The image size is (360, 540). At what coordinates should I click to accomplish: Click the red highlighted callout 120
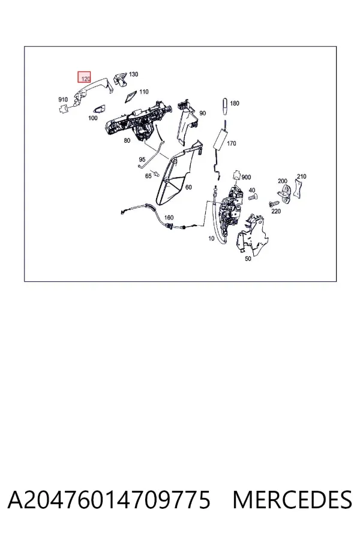tap(84, 77)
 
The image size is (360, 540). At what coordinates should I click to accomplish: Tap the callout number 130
tap(133, 74)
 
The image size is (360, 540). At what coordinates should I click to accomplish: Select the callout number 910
tap(63, 100)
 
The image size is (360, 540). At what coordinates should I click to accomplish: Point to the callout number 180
tap(235, 103)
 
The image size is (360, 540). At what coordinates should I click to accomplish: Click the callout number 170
tap(232, 143)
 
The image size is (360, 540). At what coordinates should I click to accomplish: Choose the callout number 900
tap(247, 178)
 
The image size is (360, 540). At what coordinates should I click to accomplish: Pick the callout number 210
tap(301, 176)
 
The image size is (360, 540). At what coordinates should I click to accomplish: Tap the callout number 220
tap(276, 211)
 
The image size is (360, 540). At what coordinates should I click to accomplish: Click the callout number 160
tap(169, 218)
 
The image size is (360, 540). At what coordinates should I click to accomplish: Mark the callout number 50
tap(248, 259)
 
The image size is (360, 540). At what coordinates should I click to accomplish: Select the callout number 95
tap(142, 160)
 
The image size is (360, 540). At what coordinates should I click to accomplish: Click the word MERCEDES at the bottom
tap(292, 500)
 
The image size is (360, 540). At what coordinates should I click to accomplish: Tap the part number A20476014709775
tap(109, 500)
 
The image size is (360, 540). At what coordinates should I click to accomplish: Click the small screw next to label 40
tap(252, 197)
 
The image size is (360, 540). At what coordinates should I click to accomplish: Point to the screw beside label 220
tap(274, 205)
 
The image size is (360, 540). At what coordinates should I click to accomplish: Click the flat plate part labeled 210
tap(298, 189)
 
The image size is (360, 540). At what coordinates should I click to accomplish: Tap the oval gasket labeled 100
tap(100, 109)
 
